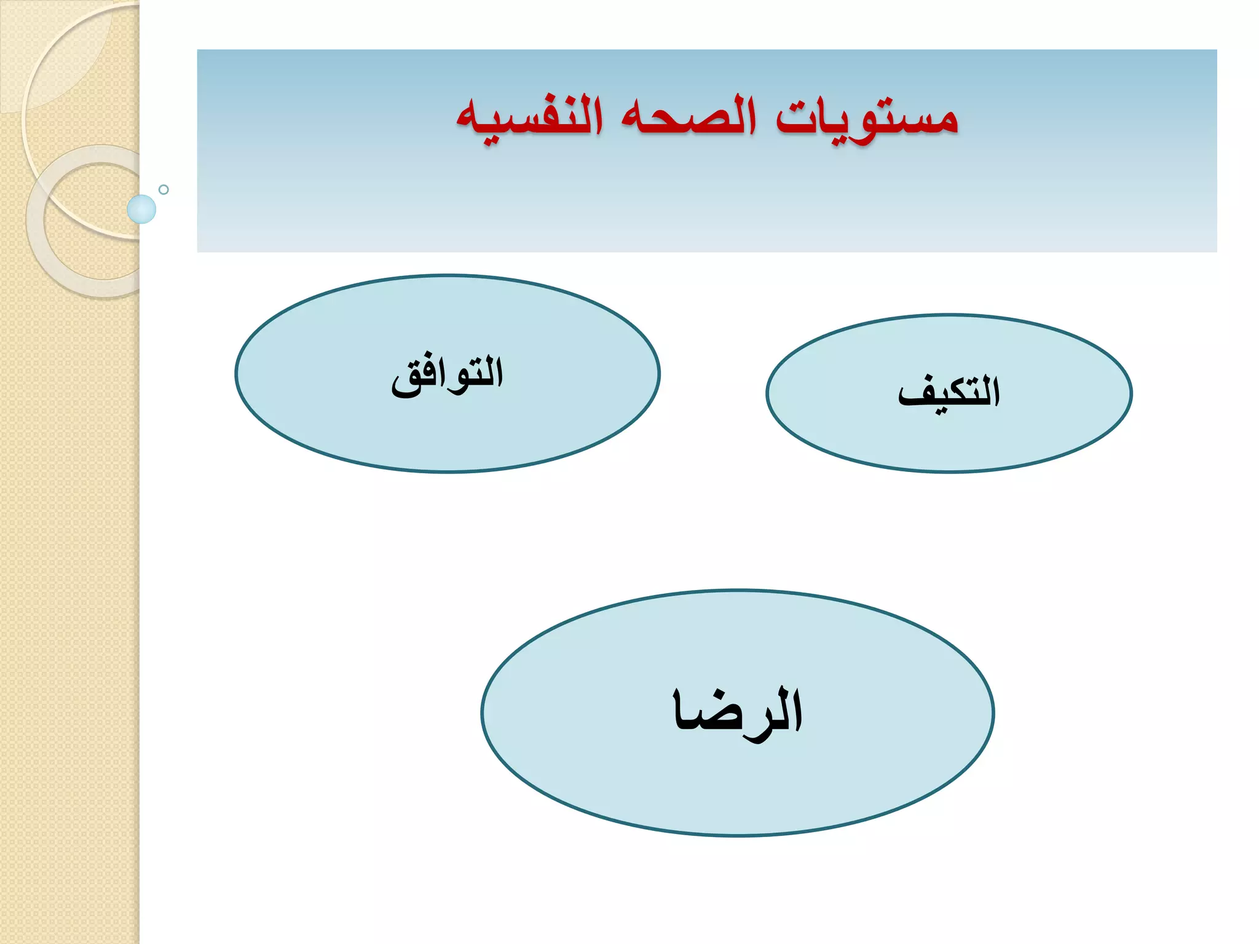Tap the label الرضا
point(738,713)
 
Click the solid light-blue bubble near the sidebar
point(141,209)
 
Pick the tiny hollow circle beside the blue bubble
point(164,189)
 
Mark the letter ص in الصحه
point(707,120)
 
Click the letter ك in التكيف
point(959,393)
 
